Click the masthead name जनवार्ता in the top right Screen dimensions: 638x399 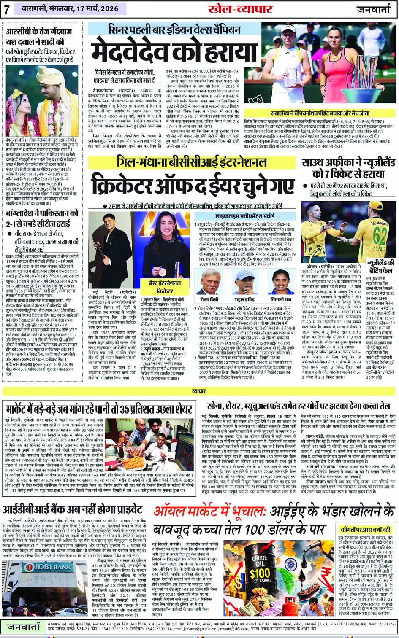tap(374, 9)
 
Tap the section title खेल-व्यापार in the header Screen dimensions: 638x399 tap(241, 9)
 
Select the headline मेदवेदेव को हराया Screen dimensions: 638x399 tap(174, 51)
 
